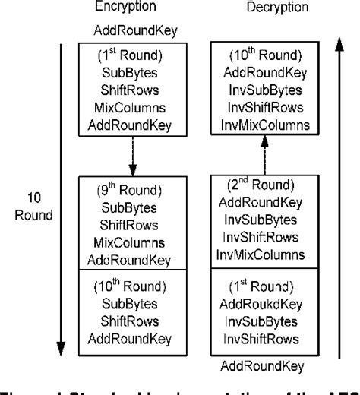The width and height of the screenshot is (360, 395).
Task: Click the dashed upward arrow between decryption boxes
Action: (x=263, y=154)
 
